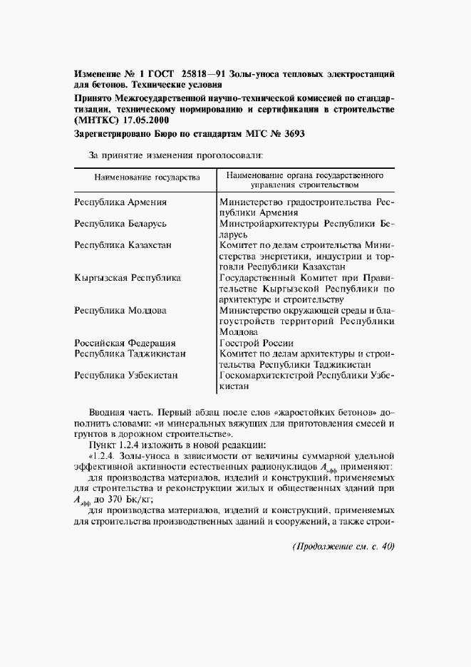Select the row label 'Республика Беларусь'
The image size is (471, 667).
[120, 224]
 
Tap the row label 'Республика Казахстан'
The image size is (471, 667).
[123, 245]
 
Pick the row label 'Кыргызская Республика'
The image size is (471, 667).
[128, 277]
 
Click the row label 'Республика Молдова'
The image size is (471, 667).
[120, 310]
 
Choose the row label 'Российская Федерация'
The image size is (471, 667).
[125, 342]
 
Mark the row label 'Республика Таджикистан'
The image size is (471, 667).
[130, 353]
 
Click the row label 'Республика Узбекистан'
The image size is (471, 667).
[126, 374]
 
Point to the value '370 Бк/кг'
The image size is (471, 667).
[131, 500]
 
